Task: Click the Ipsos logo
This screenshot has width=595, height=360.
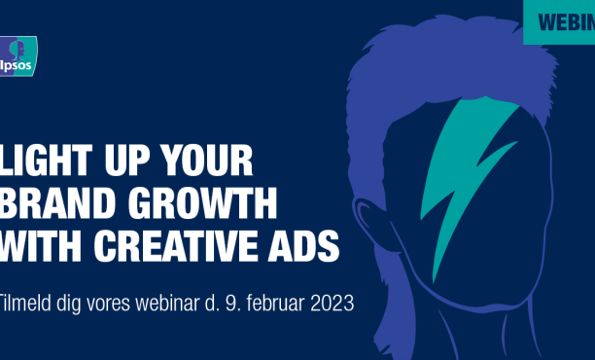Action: pyautogui.click(x=18, y=53)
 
